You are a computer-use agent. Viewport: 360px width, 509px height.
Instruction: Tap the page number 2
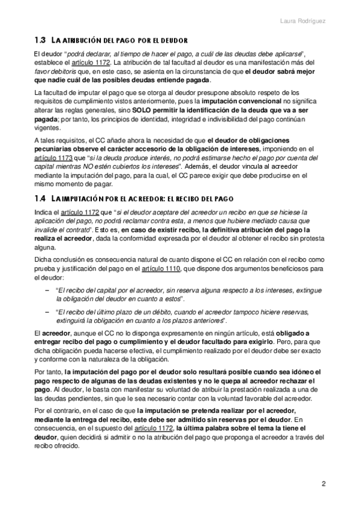(x=324, y=484)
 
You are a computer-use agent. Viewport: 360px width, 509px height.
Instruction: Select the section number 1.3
(x=40, y=41)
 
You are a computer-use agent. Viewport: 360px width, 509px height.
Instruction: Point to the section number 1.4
(x=40, y=198)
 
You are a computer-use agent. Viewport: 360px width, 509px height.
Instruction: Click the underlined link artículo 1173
(x=53, y=158)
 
